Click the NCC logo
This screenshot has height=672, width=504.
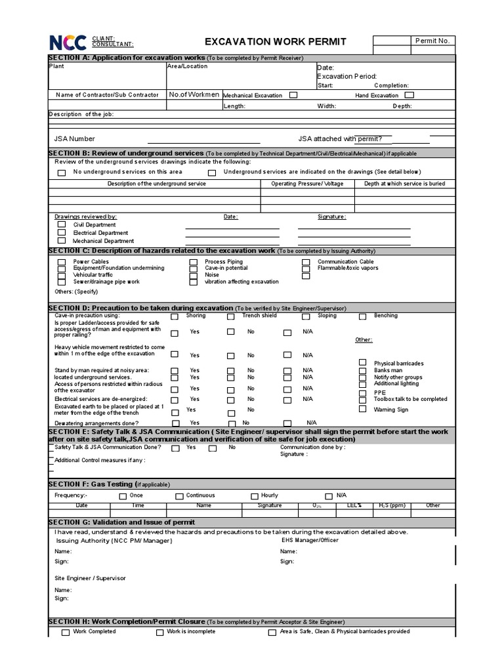point(68,43)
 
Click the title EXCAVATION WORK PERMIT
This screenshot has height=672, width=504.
point(276,42)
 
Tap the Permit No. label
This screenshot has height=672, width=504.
point(432,41)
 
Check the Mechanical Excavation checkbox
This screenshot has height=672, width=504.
point(293,95)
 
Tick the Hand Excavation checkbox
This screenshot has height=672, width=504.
point(409,95)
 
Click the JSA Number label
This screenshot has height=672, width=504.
point(74,138)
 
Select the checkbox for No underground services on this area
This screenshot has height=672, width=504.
point(62,173)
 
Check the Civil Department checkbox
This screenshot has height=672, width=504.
point(62,224)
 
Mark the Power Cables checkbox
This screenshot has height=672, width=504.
point(62,262)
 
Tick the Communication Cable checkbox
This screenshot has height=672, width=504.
point(306,262)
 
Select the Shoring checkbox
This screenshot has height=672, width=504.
point(175,316)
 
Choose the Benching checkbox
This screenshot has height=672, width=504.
point(363,316)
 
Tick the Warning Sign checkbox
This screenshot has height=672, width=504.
point(363,409)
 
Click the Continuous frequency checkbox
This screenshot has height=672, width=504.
point(179,496)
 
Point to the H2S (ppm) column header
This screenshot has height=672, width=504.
point(392,505)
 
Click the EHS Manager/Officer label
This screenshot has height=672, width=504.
point(310,539)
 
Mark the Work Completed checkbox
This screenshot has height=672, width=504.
point(65,633)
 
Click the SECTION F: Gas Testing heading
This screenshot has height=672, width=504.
point(109,484)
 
